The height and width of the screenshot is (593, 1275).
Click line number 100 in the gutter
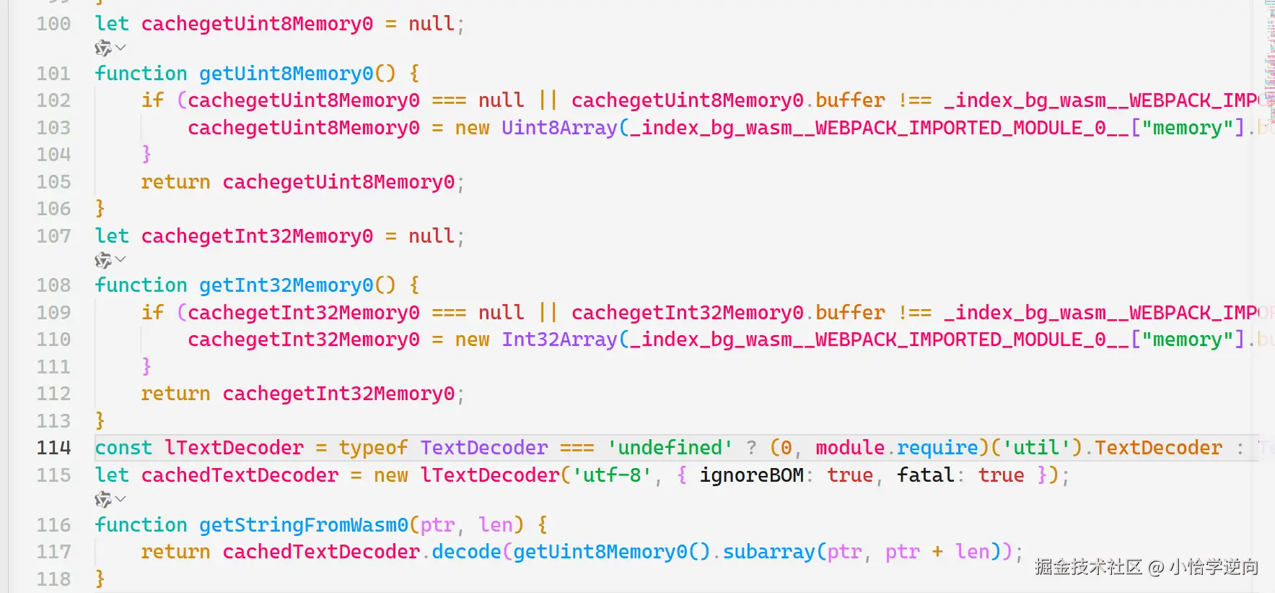click(x=53, y=24)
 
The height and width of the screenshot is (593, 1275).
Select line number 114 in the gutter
click(x=53, y=448)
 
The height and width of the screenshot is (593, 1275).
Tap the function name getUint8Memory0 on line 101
click(x=286, y=74)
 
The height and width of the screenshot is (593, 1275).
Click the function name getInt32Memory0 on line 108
click(x=286, y=285)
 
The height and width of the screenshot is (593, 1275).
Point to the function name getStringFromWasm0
click(x=303, y=525)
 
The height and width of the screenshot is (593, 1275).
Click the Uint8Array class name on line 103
click(x=559, y=128)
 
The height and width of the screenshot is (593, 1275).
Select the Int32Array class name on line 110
click(x=559, y=339)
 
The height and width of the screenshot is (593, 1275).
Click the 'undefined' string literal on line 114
click(x=670, y=448)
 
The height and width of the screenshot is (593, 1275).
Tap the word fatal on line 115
click(x=926, y=475)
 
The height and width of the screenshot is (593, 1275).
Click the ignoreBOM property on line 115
click(x=751, y=475)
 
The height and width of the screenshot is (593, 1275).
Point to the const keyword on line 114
click(x=123, y=448)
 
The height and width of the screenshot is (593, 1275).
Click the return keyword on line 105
click(x=175, y=182)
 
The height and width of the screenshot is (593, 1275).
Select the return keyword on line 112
click(x=175, y=394)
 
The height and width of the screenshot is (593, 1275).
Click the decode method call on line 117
click(x=466, y=552)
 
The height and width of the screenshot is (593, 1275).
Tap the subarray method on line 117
click(x=768, y=552)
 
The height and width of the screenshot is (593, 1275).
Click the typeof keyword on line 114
click(x=373, y=448)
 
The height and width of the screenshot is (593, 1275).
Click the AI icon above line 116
click(x=103, y=499)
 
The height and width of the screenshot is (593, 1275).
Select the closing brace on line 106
click(x=100, y=209)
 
